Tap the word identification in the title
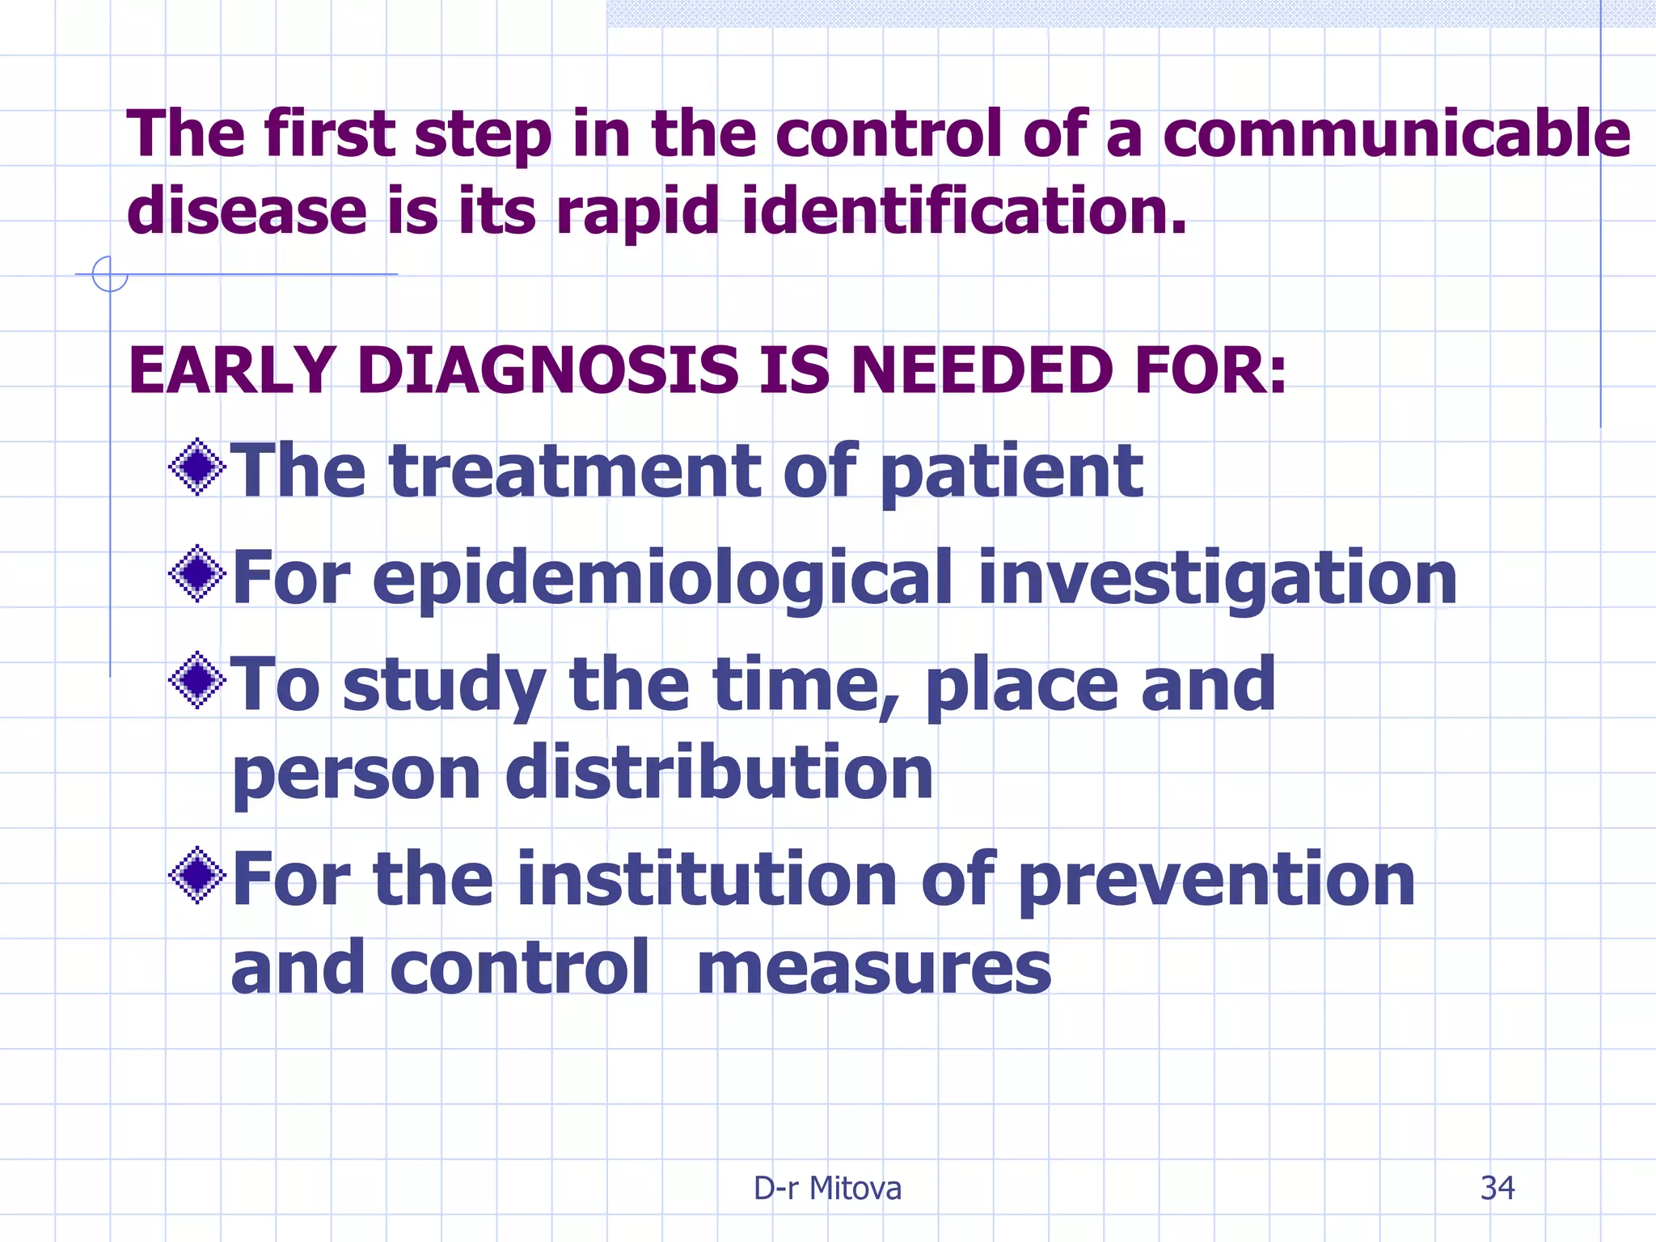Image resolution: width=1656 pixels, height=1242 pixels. [x=964, y=210]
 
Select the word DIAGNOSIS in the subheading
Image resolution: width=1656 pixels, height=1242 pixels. [x=547, y=370]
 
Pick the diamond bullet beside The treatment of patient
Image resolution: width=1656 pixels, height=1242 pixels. [x=197, y=467]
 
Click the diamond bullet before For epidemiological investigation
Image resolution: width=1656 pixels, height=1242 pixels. [x=197, y=574]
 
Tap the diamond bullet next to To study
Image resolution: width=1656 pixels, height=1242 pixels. [x=197, y=681]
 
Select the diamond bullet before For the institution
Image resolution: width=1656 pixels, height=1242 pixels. [x=197, y=876]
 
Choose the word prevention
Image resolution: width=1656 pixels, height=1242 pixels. [x=1216, y=881]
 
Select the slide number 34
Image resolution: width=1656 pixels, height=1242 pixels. [x=1497, y=1188]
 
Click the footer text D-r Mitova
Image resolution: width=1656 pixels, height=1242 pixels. [x=827, y=1188]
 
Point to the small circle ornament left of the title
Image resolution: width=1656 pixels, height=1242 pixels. [x=110, y=274]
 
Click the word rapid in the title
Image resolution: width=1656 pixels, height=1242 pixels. [x=637, y=210]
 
